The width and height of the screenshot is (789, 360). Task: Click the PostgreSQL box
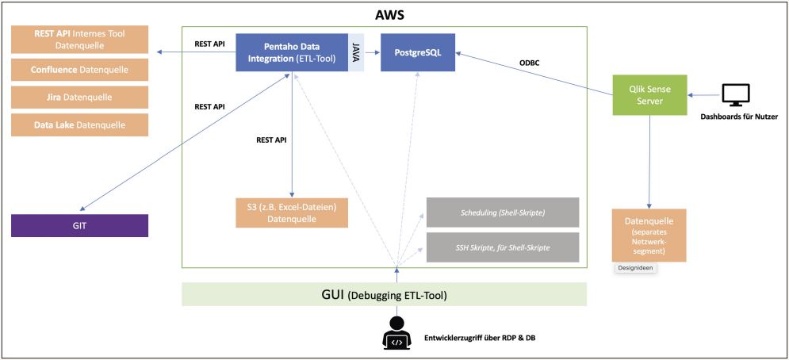coord(418,53)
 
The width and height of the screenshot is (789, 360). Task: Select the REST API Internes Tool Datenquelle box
coord(80,39)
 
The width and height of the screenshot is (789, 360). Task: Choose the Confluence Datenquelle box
coord(80,70)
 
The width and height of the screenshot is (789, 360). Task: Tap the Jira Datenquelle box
coord(80,98)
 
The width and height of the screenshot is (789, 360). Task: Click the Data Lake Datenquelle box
coord(80,125)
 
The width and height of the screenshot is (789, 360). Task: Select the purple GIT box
coord(80,225)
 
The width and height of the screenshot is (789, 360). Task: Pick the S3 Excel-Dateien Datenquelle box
coord(292,213)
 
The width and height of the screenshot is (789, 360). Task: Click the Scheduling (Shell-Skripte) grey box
coord(503,213)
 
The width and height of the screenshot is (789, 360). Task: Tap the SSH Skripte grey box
coord(503,247)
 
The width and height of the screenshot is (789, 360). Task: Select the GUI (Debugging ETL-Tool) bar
coord(384,294)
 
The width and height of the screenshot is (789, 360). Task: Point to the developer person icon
coord(396,333)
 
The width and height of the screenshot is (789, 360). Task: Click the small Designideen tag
coord(637,269)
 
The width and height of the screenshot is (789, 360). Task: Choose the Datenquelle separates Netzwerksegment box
coord(649,235)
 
